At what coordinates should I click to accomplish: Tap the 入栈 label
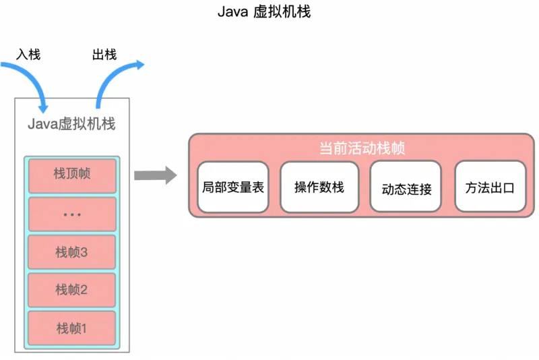click(x=28, y=55)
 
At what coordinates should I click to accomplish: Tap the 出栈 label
click(x=104, y=55)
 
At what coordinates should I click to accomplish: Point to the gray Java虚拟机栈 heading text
click(x=71, y=124)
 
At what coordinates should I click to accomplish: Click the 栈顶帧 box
click(x=72, y=175)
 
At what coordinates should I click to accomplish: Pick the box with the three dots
click(x=72, y=214)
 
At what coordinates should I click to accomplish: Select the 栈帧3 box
click(x=72, y=252)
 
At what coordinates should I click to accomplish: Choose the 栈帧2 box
click(x=72, y=291)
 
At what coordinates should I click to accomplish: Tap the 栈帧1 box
click(x=72, y=328)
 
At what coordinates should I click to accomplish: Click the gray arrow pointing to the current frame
click(x=154, y=176)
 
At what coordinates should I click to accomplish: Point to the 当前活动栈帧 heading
click(x=361, y=148)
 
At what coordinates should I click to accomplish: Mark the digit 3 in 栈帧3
click(x=84, y=253)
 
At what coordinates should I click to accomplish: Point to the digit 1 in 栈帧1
click(x=84, y=329)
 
